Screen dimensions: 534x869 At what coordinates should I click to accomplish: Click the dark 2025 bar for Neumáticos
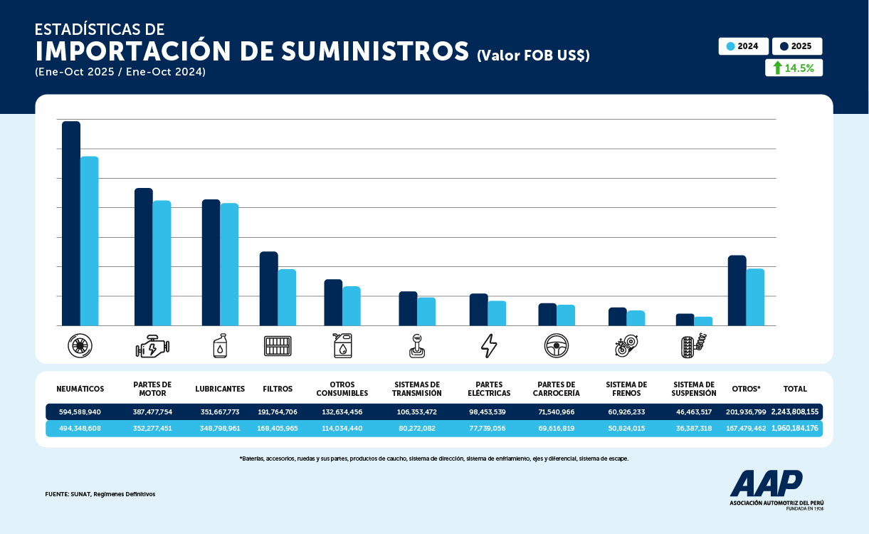(71, 224)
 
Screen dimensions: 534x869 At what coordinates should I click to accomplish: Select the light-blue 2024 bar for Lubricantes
(229, 264)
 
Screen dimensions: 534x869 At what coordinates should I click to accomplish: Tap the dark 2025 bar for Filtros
(268, 288)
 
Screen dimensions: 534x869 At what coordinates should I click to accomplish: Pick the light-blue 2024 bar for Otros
(755, 297)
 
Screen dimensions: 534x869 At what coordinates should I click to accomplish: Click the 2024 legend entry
(744, 46)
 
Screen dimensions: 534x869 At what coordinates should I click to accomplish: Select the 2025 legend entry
(796, 46)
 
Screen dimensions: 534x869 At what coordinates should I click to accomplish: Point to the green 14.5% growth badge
(794, 68)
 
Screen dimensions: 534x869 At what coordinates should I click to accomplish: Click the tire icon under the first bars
(80, 346)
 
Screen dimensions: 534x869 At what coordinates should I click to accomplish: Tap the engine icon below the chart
(152, 346)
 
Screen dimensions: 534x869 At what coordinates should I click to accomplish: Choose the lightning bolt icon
(489, 346)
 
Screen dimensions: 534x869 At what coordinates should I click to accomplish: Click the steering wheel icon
(556, 346)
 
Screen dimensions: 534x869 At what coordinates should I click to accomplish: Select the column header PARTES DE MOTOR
(152, 389)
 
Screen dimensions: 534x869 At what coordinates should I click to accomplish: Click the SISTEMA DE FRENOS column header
(627, 389)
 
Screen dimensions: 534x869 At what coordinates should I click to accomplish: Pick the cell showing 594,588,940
(80, 412)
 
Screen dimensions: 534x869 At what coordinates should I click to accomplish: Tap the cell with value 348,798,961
(220, 429)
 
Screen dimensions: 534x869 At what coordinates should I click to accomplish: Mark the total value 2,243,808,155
(795, 412)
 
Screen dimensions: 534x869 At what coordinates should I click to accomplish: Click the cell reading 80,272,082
(417, 429)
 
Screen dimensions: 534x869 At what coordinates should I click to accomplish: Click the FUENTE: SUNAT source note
(100, 493)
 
